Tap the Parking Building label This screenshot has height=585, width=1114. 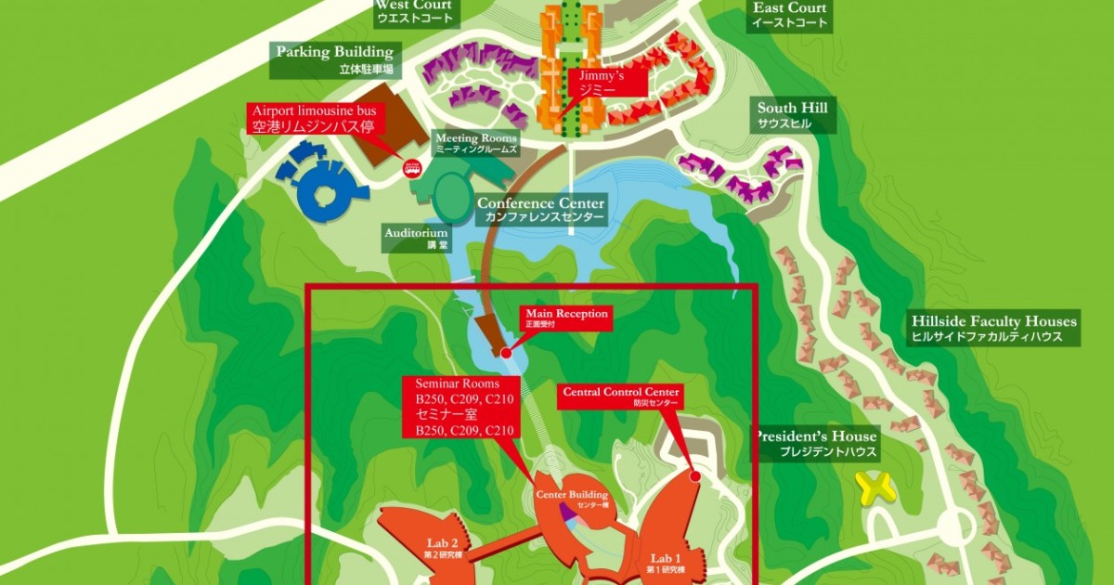(x=334, y=59)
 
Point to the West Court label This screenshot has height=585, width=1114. (x=416, y=11)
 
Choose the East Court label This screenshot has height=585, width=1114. (x=790, y=15)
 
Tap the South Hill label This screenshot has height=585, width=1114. (x=792, y=114)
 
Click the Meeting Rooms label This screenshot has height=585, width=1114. (x=476, y=143)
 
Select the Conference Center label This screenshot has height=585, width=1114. (x=540, y=210)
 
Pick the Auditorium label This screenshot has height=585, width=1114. (x=417, y=238)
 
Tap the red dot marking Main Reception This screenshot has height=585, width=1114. (x=506, y=353)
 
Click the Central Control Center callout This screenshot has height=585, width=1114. (x=622, y=396)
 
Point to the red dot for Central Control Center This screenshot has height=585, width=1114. (x=695, y=475)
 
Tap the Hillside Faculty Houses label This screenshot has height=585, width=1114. (x=994, y=328)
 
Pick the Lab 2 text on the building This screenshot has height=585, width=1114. (x=442, y=542)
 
